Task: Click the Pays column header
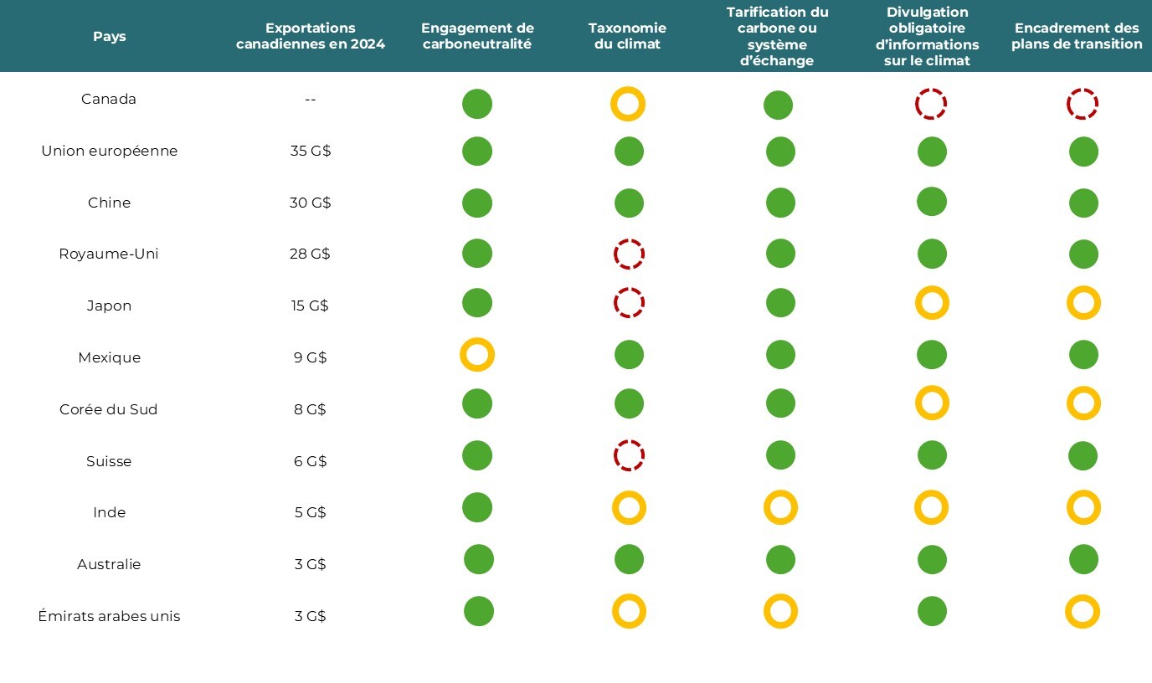pos(109,37)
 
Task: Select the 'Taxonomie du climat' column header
pos(627,36)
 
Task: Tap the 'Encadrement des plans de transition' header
pos(1077,36)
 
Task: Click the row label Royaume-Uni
pos(109,254)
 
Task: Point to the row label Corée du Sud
pos(109,409)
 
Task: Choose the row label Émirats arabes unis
pos(109,616)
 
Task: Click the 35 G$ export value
pos(311,151)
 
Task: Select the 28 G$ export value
pos(311,254)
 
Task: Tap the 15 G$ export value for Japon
pos(311,306)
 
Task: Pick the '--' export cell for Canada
pos(311,100)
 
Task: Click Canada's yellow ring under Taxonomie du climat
pos(628,104)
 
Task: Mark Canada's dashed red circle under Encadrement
pos(1083,105)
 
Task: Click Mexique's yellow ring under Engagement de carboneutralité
pos(477,355)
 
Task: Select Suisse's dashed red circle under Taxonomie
pos(629,455)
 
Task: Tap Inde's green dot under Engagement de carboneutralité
pos(477,507)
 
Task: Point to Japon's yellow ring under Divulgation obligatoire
pos(932,303)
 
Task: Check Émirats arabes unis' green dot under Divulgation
pos(932,611)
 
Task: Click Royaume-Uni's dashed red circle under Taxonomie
pos(629,254)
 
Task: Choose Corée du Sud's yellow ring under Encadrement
pos(1083,403)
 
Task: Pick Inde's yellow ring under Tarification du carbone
pos(780,507)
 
